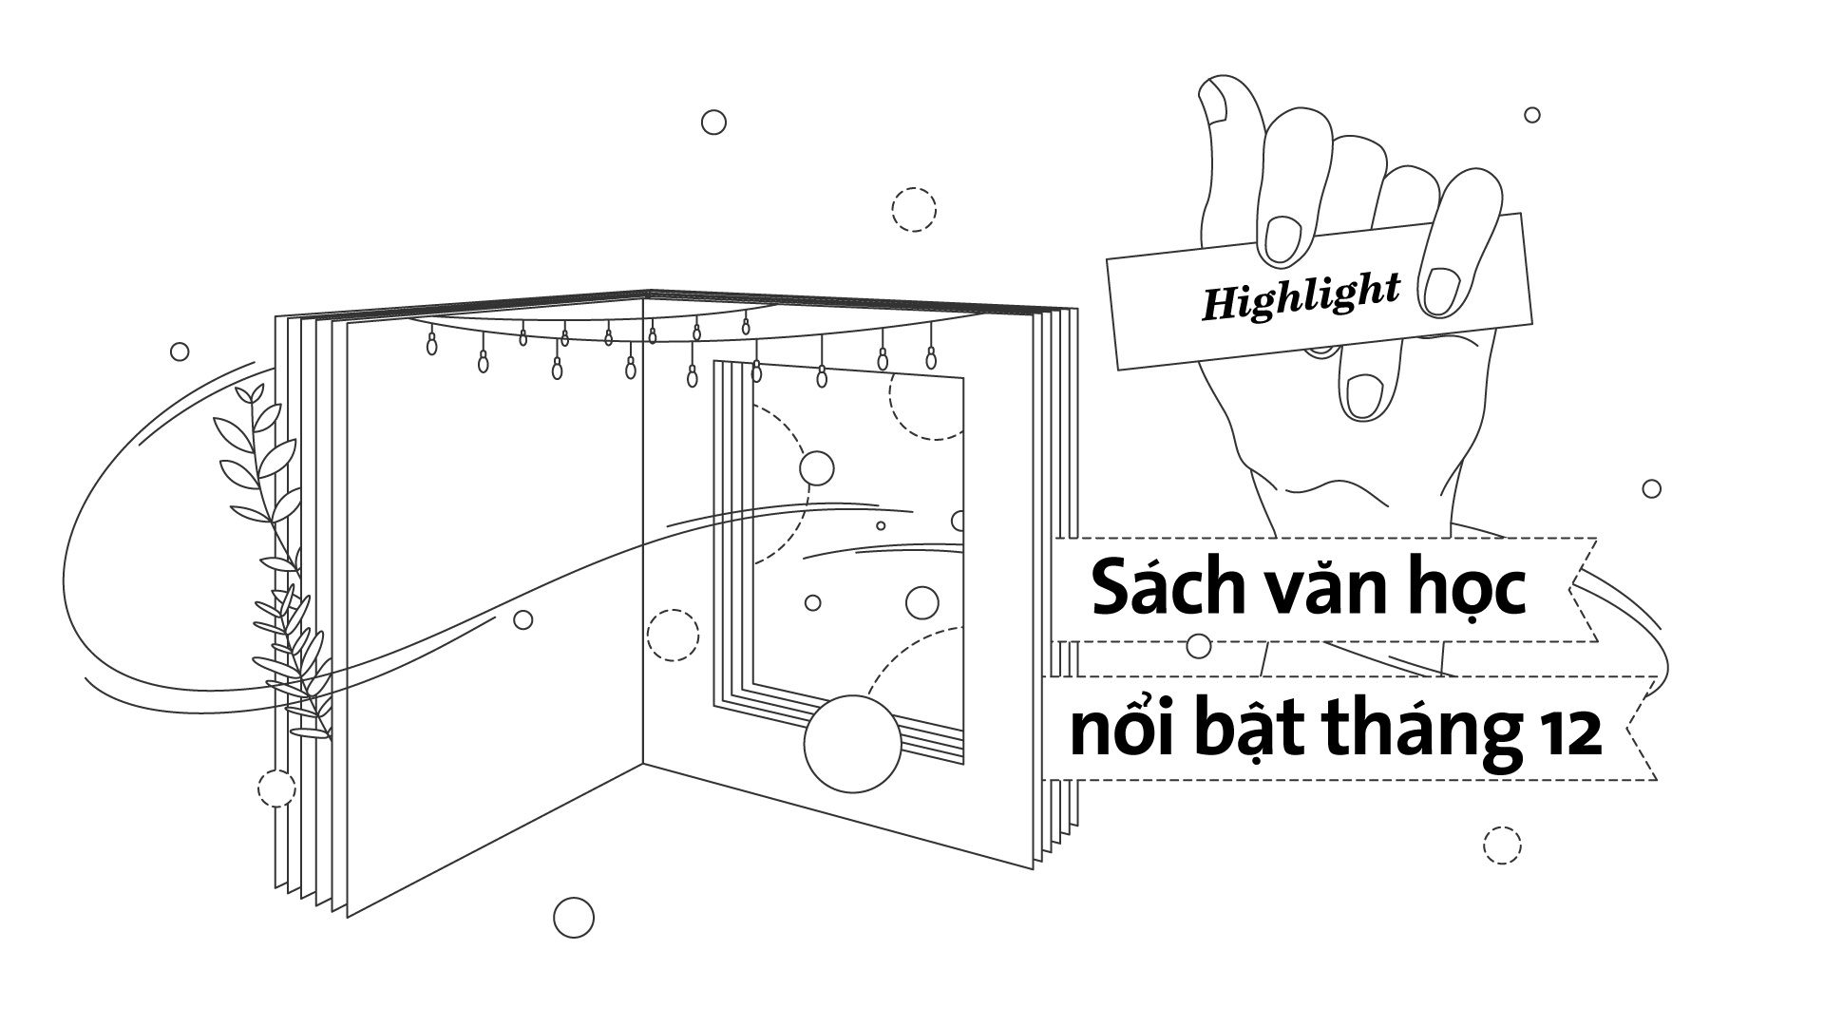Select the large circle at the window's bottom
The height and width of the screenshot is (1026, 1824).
tap(851, 744)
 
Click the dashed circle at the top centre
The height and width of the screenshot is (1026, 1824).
tap(914, 209)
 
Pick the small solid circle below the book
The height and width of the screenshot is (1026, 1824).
tap(573, 917)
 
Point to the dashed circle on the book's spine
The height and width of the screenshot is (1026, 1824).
tap(673, 635)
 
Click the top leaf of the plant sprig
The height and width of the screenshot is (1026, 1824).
tap(251, 394)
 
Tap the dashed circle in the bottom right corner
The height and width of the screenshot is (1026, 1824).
tap(1502, 845)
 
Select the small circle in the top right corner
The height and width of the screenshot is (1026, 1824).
tap(1532, 115)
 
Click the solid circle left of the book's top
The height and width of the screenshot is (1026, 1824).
tap(180, 352)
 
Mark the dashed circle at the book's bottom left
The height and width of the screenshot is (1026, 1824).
tap(276, 788)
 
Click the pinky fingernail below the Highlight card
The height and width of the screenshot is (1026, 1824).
tap(1363, 395)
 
